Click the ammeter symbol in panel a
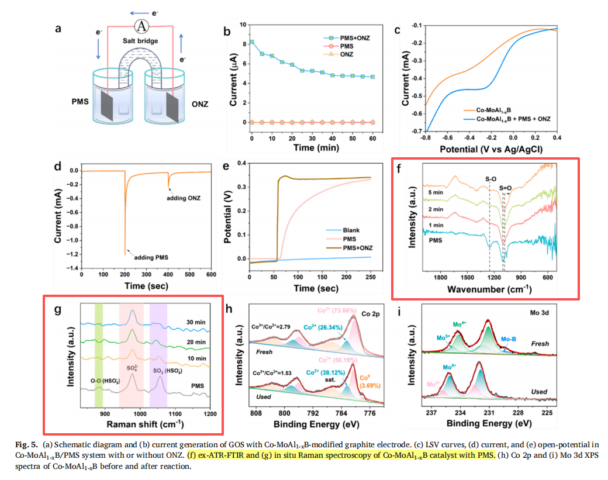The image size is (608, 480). click(140, 26)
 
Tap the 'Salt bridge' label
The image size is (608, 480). click(140, 41)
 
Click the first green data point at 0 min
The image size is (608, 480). click(252, 42)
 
